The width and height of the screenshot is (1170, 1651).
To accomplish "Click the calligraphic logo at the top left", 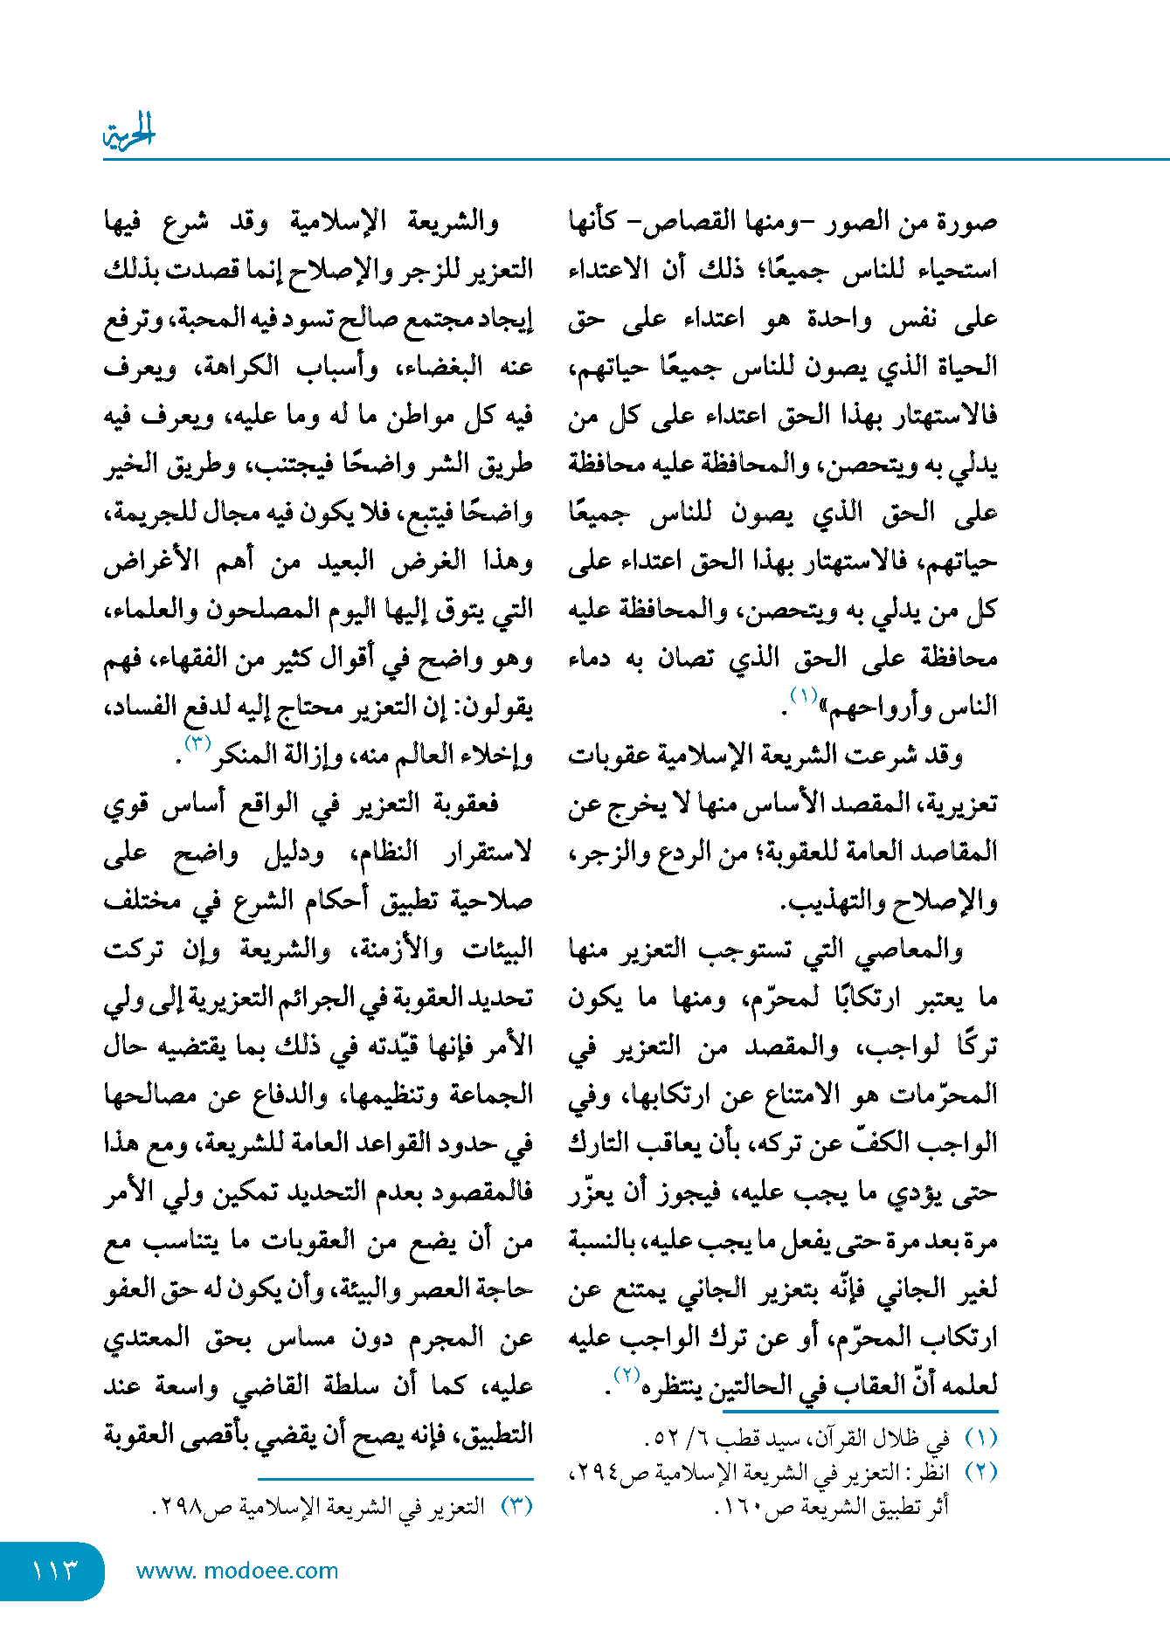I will click(128, 133).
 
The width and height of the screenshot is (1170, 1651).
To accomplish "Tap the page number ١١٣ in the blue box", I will click(55, 1571).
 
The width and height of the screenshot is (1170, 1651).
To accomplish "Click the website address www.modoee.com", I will click(237, 1571).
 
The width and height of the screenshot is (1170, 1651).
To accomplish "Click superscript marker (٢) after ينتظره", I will click(626, 1374).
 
